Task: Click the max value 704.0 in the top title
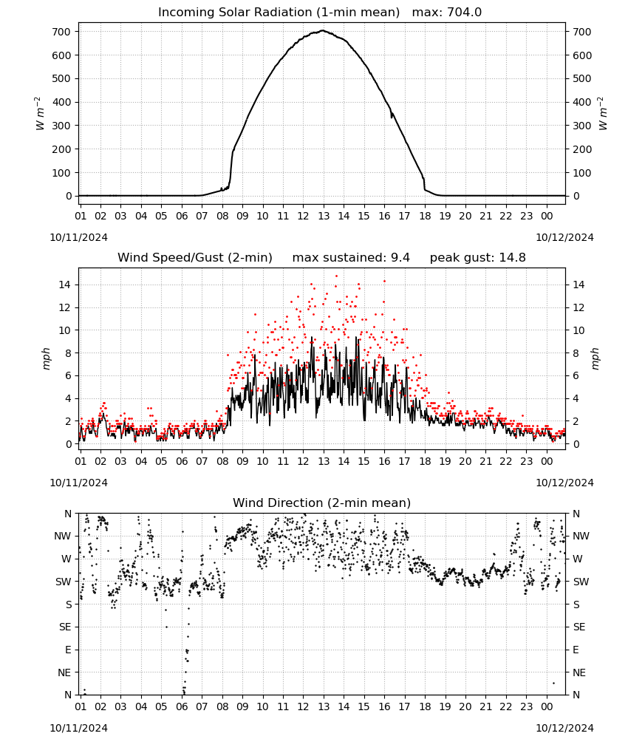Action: [464, 12]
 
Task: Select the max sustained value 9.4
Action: [400, 257]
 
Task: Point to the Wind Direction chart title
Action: [322, 503]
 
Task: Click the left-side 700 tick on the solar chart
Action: [62, 32]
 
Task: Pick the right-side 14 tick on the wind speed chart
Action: [578, 285]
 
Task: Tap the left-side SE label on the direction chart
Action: [65, 627]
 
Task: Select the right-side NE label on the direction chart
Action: [579, 672]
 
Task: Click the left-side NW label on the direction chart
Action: [63, 536]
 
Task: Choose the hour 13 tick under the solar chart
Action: [323, 216]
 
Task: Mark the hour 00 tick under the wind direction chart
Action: [547, 706]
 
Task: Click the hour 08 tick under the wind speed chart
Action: [222, 461]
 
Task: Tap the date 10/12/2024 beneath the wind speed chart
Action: [564, 483]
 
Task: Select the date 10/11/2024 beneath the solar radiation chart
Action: [78, 237]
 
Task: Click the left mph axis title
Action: [46, 358]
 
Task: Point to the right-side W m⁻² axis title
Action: [603, 114]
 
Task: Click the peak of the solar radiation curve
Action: [323, 30]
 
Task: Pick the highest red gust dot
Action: [336, 276]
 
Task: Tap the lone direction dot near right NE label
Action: [553, 683]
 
